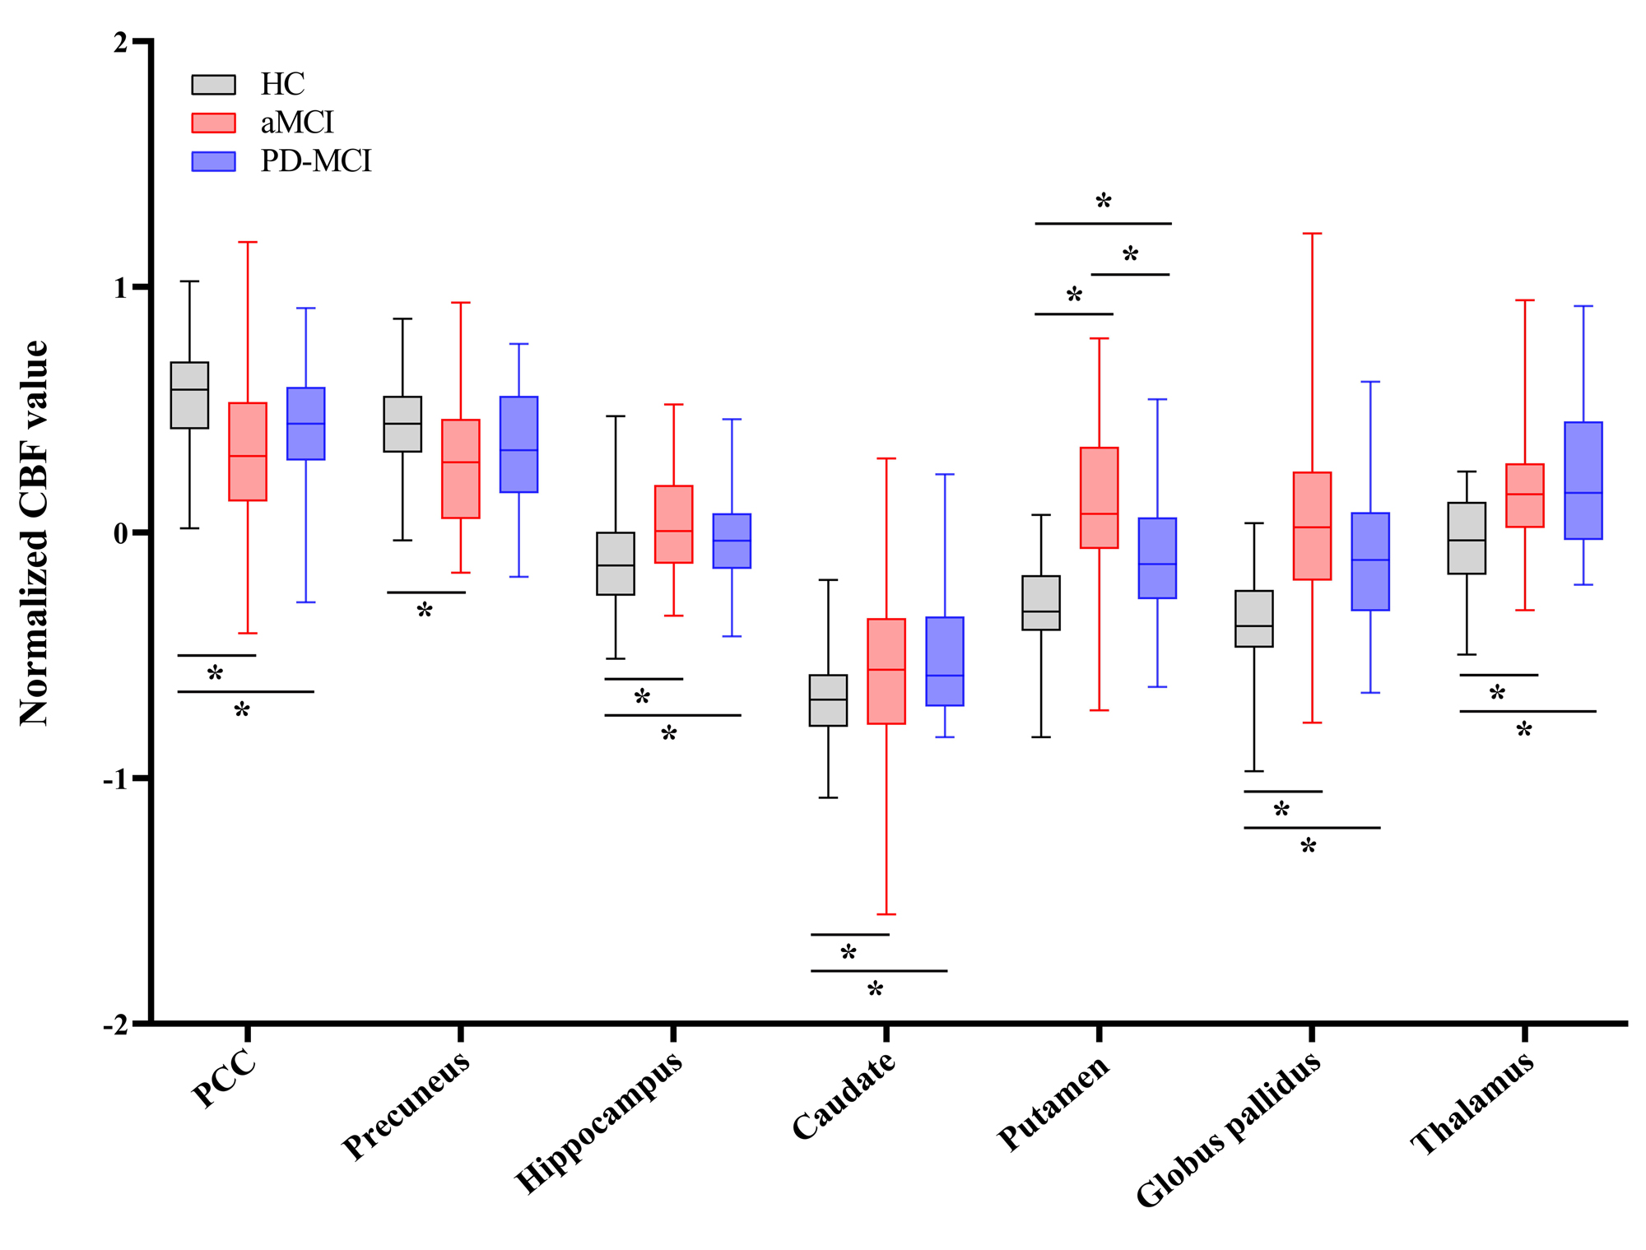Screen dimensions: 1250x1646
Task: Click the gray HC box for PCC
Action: click(189, 395)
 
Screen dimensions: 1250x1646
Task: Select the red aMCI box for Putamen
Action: click(1099, 497)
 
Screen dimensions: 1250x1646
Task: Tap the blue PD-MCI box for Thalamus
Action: click(1583, 481)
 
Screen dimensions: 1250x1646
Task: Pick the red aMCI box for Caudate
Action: click(886, 671)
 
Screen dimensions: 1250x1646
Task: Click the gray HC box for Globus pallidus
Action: click(1254, 618)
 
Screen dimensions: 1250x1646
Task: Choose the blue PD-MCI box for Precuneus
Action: click(518, 444)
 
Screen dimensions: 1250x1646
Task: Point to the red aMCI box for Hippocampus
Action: click(673, 524)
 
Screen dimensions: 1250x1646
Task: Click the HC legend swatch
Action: click(213, 85)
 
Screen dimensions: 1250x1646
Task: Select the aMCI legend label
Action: click(297, 123)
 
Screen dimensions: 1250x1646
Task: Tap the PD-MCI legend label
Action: click(316, 161)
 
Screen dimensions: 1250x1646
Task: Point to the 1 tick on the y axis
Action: click(140, 286)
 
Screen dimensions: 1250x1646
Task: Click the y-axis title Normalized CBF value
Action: click(35, 533)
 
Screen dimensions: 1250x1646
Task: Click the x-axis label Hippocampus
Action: click(598, 1122)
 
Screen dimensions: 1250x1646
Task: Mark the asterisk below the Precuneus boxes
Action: click(425, 611)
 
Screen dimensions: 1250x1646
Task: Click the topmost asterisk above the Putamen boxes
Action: click(1104, 201)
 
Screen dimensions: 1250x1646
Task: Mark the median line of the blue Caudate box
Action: click(945, 676)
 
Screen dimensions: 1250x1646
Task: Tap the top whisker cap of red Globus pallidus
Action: click(1312, 234)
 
